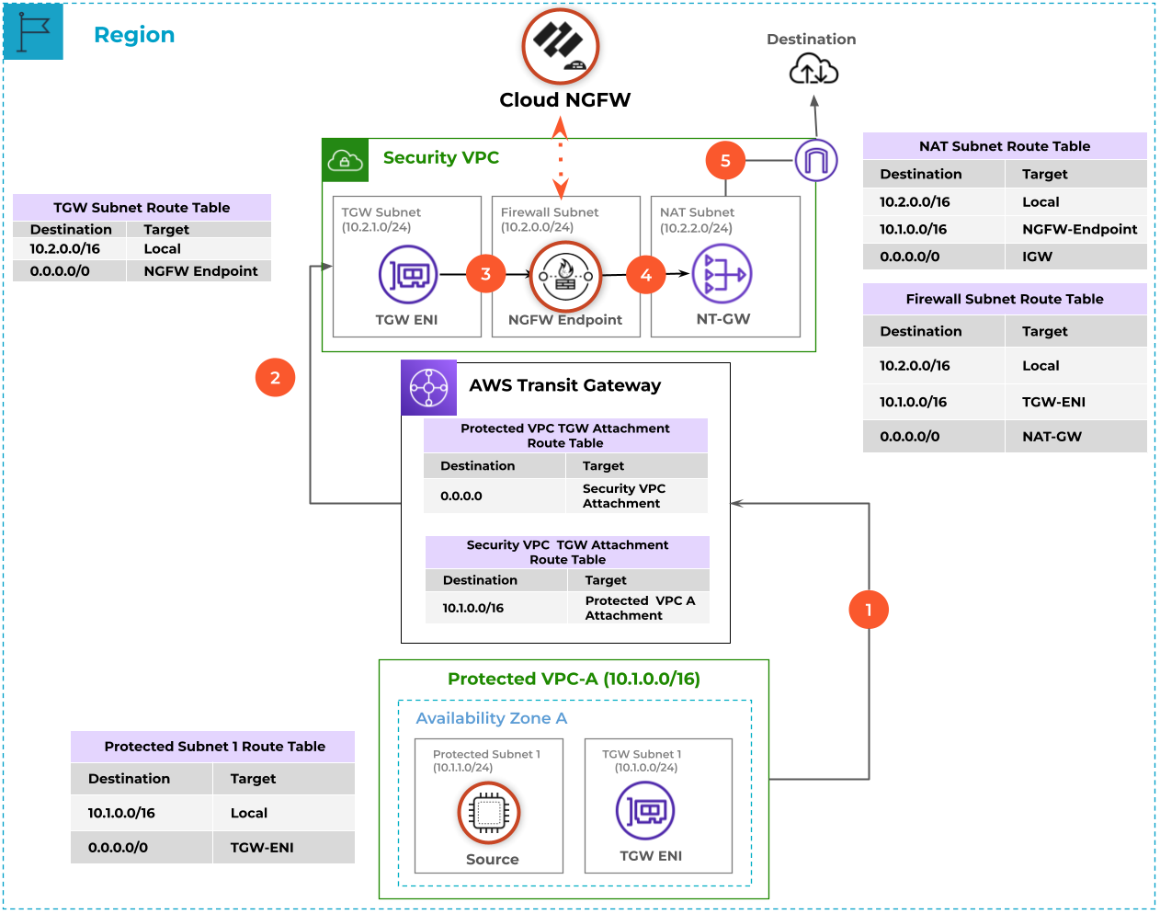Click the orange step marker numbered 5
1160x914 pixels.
[725, 161]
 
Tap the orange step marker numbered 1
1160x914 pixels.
[869, 609]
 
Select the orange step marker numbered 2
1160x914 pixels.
[275, 378]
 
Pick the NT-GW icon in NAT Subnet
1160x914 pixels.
[722, 274]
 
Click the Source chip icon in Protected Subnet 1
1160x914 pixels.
[489, 813]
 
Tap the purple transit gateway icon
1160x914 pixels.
[428, 387]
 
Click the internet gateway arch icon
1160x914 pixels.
[816, 161]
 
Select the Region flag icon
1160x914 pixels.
[34, 32]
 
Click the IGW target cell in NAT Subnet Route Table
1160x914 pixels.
[1038, 257]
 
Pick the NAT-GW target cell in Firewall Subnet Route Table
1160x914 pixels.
[1052, 437]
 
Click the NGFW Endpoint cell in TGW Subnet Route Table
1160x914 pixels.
[200, 271]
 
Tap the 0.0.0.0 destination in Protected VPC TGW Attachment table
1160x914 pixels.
[461, 496]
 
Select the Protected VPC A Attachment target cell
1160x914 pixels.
[640, 608]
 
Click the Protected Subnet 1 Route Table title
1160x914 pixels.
[214, 747]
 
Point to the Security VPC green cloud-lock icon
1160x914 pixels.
[345, 161]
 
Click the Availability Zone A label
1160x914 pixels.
[491, 718]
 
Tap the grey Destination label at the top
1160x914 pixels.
[811, 40]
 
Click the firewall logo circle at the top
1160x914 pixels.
[561, 46]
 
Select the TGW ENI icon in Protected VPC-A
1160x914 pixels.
[645, 810]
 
